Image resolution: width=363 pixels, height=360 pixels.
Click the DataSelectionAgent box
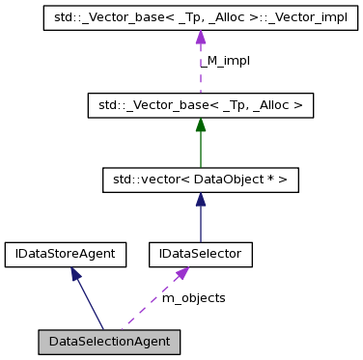click(109, 342)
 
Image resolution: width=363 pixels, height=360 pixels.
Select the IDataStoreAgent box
click(66, 254)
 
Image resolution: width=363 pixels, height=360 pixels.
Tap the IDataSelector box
click(200, 254)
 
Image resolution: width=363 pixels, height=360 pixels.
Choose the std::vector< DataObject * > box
click(200, 179)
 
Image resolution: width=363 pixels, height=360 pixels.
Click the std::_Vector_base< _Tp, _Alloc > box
click(200, 103)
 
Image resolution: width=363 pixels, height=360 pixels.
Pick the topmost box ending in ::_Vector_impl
click(200, 19)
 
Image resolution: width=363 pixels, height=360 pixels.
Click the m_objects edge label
click(193, 298)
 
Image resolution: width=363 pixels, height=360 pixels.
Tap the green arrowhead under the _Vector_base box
click(200, 125)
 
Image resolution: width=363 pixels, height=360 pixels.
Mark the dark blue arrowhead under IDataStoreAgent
click(74, 274)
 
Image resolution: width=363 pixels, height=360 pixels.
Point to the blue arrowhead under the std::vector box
click(200, 200)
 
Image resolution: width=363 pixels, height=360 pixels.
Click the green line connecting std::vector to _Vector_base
click(200, 150)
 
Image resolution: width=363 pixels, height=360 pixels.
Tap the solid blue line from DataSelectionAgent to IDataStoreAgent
click(89, 304)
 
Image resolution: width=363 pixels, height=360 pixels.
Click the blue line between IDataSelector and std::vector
click(200, 225)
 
